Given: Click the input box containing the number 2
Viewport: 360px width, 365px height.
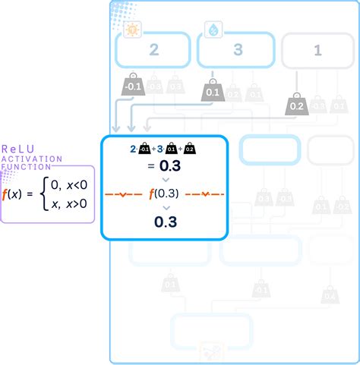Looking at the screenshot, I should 153,52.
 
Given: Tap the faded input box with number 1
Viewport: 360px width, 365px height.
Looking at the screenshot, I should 317,52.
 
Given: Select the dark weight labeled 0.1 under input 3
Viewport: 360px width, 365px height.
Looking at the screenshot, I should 212,93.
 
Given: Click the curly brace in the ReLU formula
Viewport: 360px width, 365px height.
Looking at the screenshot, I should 44,194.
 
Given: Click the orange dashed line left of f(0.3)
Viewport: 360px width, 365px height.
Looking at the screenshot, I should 125,194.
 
